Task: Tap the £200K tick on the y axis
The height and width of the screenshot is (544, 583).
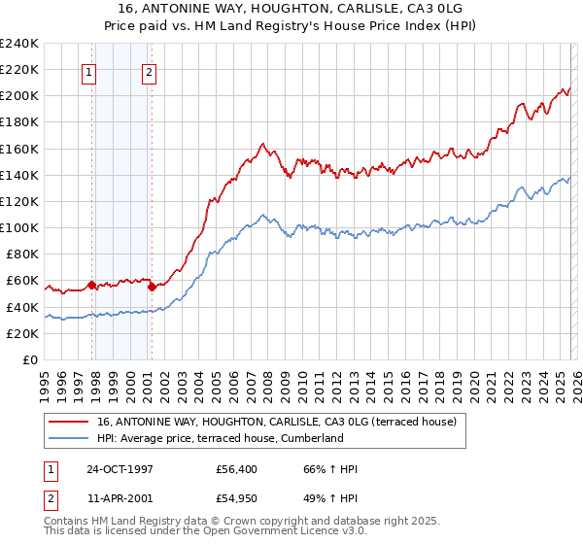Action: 19,96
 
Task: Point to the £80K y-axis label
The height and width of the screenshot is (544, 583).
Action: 19,254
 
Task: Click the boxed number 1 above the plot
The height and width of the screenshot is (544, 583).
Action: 89,71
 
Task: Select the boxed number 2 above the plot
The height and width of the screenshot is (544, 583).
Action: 149,71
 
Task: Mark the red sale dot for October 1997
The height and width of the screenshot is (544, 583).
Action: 92,285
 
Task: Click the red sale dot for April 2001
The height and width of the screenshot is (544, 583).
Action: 152,287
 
